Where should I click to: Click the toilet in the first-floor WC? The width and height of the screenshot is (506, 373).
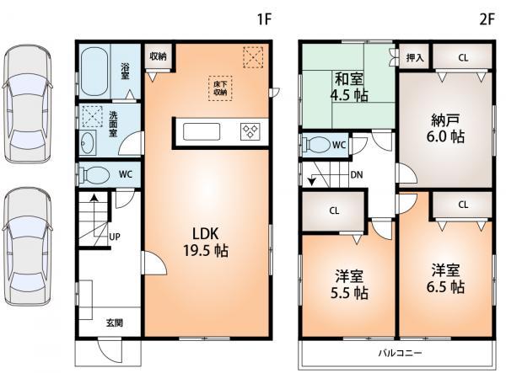pos(94,174)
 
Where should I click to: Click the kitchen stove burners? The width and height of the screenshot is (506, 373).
pos(250,131)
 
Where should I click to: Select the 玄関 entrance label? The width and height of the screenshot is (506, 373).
pos(114,322)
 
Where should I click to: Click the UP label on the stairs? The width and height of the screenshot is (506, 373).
pos(114,237)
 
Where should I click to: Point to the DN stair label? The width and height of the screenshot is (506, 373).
pos(358,176)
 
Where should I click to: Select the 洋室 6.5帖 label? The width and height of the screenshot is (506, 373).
pos(446,279)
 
